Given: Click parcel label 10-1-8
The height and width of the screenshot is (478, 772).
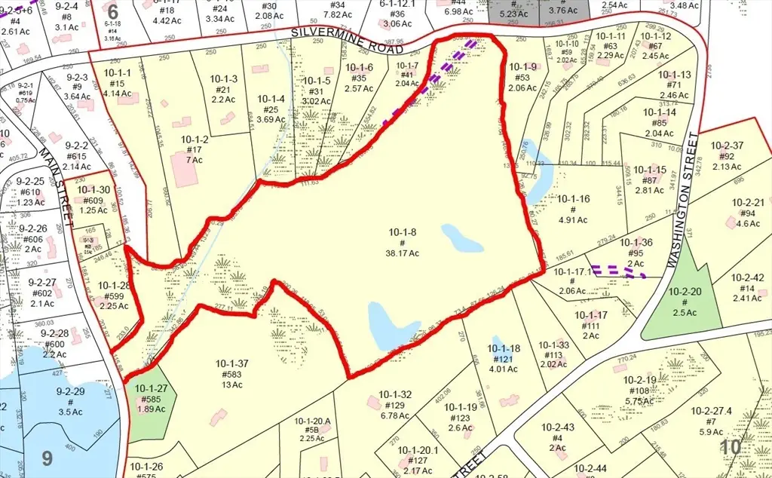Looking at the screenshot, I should [x=403, y=231].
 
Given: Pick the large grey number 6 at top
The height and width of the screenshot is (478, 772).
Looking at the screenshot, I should [x=113, y=12].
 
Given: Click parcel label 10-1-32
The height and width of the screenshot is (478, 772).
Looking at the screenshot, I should [x=395, y=394].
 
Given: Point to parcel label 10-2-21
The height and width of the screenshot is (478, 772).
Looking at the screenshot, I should [x=747, y=201].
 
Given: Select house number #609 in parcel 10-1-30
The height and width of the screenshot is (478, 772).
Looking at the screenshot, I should [x=93, y=201].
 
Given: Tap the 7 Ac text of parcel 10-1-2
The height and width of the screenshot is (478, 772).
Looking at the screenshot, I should [x=195, y=161].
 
